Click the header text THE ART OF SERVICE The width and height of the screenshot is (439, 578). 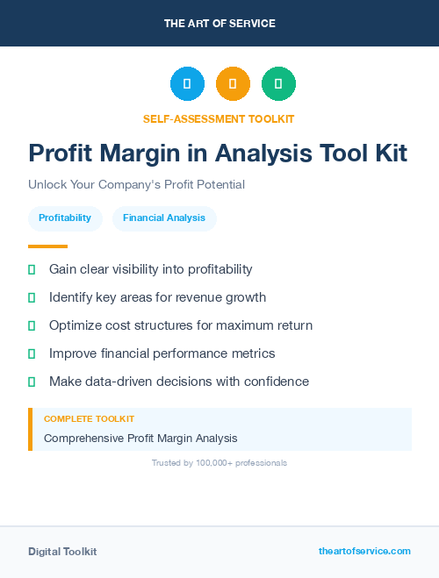tap(219, 24)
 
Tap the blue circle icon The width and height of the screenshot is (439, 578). tap(187, 84)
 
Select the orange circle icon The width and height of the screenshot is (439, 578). tap(233, 84)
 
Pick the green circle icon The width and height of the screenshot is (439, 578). tap(278, 84)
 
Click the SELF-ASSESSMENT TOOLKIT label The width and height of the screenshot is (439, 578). tap(219, 118)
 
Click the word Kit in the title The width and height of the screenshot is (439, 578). tap(389, 153)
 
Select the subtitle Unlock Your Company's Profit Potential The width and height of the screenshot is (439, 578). tap(136, 185)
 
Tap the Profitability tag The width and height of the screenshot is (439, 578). tap(65, 218)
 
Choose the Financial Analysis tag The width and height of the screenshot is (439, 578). tap(164, 218)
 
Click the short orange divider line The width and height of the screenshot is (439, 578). tap(47, 246)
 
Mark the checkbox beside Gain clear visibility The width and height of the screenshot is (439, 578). tap(32, 269)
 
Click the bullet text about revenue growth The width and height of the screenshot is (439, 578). tap(157, 297)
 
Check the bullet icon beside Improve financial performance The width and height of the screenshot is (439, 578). tap(32, 353)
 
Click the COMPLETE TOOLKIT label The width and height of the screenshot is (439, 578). tap(89, 419)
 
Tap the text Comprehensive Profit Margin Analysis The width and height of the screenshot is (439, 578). tap(140, 438)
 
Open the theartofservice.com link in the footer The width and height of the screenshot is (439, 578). tap(364, 551)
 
